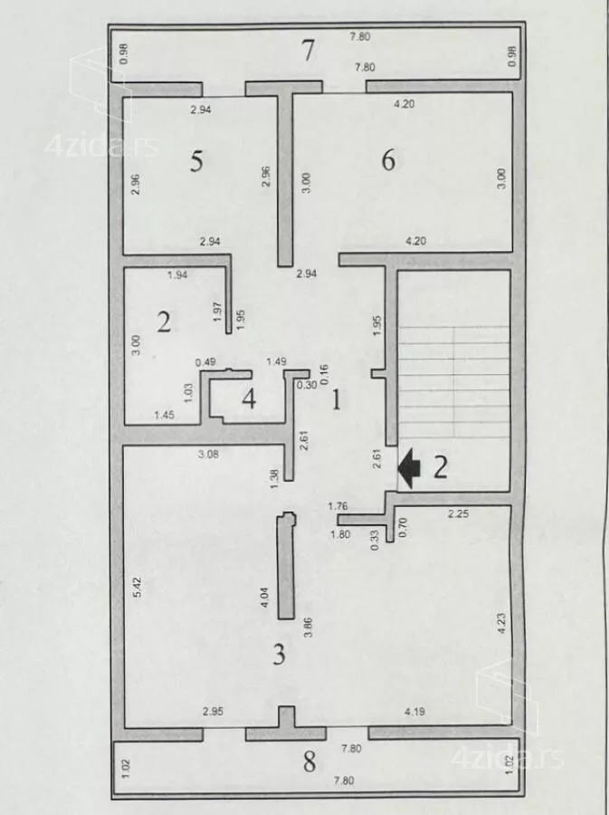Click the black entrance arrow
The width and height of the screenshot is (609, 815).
tap(410, 468)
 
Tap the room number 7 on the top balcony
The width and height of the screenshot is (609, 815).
tap(309, 51)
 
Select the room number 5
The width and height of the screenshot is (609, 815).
tap(196, 160)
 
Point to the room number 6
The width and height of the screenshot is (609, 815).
tap(388, 159)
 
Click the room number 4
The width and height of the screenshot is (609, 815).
tap(249, 399)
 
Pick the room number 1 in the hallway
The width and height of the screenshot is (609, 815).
tap(337, 400)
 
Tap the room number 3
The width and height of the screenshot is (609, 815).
tap(279, 655)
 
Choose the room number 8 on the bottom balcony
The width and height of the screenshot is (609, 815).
tap(309, 762)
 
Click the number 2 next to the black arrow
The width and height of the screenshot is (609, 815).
tap(441, 467)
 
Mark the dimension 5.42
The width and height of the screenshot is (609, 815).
tap(137, 587)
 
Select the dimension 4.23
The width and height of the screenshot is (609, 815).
tap(501, 623)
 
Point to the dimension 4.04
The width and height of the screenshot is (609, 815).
tap(264, 598)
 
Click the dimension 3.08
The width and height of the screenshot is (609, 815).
tap(208, 455)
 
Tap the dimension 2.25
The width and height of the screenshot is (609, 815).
tap(458, 513)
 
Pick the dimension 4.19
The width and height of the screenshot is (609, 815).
tap(414, 711)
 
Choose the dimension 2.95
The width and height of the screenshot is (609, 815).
tap(213, 711)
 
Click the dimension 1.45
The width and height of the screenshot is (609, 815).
tap(164, 415)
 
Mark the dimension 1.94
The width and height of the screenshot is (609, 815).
tap(177, 274)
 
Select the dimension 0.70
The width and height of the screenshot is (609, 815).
tap(403, 527)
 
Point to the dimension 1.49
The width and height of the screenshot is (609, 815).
tap(276, 361)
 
